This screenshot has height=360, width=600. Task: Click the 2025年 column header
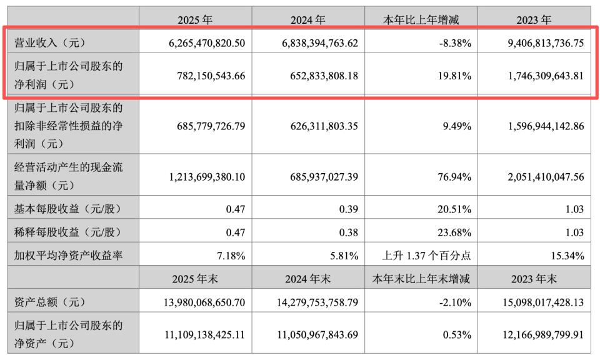[x=195, y=20]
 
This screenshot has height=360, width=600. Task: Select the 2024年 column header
[x=308, y=20]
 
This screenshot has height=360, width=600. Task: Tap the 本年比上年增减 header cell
[x=421, y=20]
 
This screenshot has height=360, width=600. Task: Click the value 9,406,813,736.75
[x=537, y=42]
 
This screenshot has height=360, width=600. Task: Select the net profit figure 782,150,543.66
[x=209, y=76]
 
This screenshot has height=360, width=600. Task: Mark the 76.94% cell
[x=456, y=177]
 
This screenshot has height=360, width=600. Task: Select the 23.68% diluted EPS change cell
[x=456, y=232]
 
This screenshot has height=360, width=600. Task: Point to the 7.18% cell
[x=231, y=256]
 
